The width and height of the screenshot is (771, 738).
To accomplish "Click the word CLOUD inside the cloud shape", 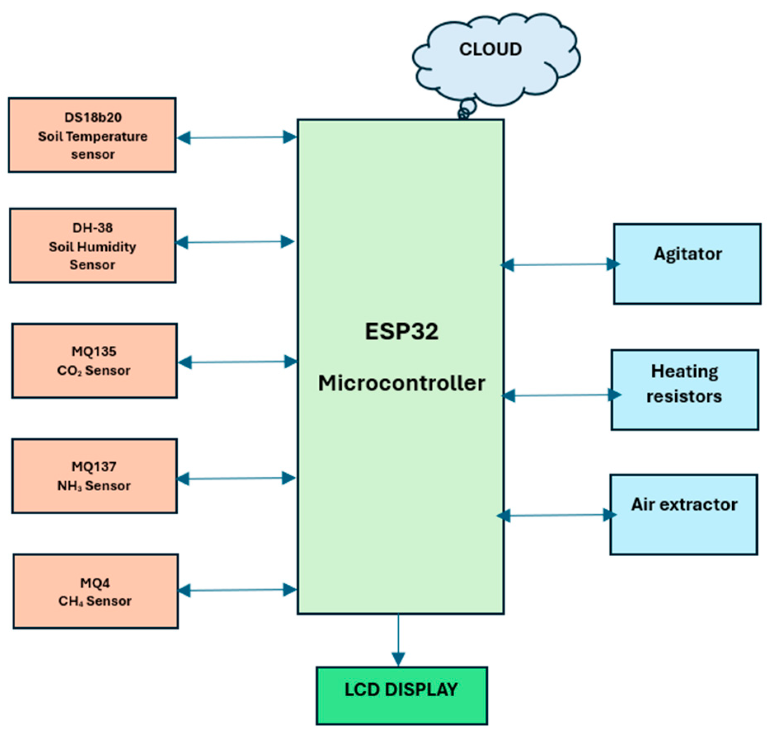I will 490,49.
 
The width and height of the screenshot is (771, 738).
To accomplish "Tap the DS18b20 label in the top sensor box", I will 93,117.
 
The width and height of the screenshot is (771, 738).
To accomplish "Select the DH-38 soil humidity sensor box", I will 93,246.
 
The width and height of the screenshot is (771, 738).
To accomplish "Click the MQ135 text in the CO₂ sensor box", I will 94,351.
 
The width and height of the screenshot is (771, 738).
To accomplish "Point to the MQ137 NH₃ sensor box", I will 94,476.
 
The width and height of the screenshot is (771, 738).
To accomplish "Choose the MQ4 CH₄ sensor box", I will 95,591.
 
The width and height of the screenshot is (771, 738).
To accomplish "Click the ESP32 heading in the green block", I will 401,331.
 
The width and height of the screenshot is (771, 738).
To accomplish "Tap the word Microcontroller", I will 401,383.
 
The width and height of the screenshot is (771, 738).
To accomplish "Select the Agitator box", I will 687,264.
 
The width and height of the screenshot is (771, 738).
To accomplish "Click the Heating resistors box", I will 684,390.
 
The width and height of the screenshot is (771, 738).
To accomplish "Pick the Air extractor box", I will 684,515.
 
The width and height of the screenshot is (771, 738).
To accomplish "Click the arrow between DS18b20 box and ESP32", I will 237,137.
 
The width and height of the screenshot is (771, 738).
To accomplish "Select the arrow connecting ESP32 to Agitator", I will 560,265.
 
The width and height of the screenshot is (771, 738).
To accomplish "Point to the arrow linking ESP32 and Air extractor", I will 557,515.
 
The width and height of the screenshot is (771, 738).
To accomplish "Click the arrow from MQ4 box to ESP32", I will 237,590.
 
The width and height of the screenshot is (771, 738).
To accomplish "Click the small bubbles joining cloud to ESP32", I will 466,110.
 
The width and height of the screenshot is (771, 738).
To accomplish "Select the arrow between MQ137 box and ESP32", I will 236,478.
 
